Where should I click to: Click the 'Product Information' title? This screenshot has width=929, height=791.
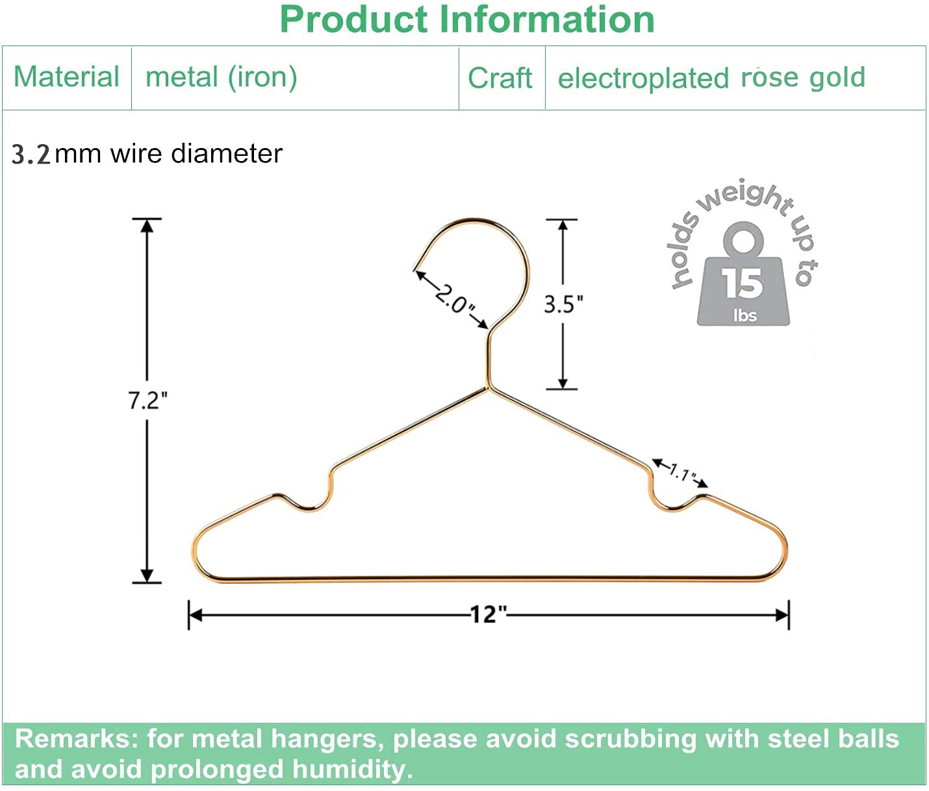pos(466,19)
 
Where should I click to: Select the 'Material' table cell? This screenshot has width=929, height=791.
pos(66,77)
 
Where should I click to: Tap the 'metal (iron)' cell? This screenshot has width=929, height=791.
pos(221,77)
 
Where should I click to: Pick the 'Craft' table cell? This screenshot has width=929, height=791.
pos(500,79)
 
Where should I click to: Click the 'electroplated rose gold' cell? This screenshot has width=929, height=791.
pos(711,78)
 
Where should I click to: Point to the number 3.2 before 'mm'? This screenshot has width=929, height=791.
pos(31,155)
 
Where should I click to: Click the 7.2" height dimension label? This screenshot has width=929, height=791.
pos(147,401)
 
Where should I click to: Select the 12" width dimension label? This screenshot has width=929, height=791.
pos(487,614)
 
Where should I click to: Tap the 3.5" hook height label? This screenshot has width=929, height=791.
pos(563,304)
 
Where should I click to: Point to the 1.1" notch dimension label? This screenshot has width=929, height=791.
pos(681,473)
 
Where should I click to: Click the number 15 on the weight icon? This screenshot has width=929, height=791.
pos(743,283)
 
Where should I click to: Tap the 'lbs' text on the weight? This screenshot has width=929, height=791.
pos(744,316)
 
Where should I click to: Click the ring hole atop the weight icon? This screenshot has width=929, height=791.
pos(743,241)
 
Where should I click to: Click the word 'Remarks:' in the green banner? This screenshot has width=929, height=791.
pos(76,739)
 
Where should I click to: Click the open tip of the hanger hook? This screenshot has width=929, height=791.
pos(416,268)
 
